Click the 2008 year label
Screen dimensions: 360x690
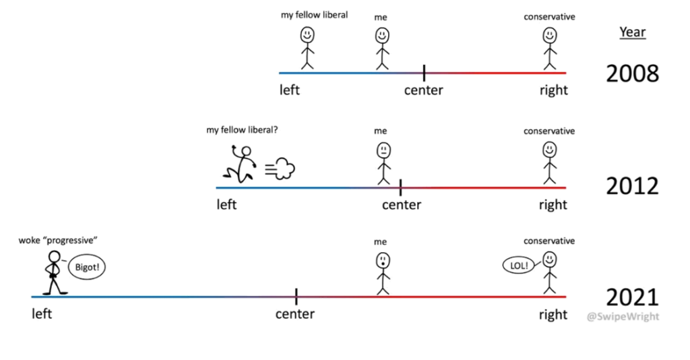click(x=632, y=73)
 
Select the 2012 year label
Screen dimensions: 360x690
click(x=632, y=185)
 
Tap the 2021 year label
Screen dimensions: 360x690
click(x=632, y=297)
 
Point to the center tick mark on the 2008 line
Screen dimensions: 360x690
click(x=424, y=72)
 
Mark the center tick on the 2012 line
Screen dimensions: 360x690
click(x=400, y=187)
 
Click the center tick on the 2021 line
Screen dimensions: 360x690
click(x=296, y=296)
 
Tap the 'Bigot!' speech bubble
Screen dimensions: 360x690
click(x=88, y=267)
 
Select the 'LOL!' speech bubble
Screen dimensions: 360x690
click(x=517, y=265)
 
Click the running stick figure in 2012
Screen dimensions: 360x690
click(x=241, y=164)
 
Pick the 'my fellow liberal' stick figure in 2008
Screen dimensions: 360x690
click(x=307, y=47)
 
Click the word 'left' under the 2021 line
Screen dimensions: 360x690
click(x=41, y=313)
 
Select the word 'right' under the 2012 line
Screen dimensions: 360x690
click(x=553, y=205)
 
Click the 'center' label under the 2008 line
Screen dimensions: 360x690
click(x=424, y=90)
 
